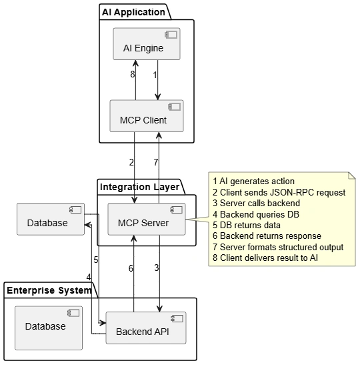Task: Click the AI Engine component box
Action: tap(147, 44)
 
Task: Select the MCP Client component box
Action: tap(147, 116)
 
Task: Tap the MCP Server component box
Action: tap(147, 219)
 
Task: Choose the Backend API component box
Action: tap(146, 328)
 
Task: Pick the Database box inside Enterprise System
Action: tap(49, 328)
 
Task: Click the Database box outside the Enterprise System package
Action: tap(51, 219)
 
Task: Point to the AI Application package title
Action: tap(133, 12)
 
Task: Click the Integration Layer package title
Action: tap(139, 187)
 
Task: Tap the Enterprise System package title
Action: tap(49, 290)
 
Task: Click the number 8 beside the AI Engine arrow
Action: tap(132, 74)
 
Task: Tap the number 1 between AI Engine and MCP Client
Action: tap(155, 75)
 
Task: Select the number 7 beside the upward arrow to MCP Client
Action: tap(156, 162)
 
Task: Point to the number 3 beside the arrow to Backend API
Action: tap(157, 268)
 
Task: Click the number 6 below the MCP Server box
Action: tap(131, 268)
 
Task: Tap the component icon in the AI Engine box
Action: tap(171, 35)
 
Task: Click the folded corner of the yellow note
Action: tap(352, 175)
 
